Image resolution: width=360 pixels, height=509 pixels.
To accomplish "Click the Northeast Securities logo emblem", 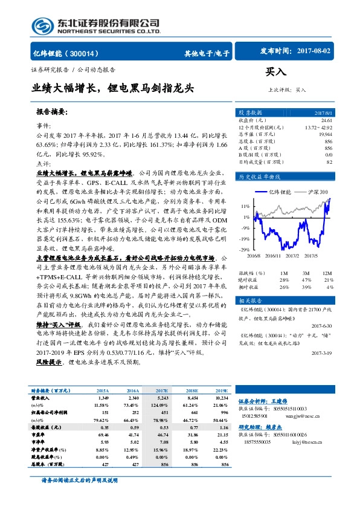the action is [x=44, y=25].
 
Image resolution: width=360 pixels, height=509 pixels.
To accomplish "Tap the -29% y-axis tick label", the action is [x=244, y=249].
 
